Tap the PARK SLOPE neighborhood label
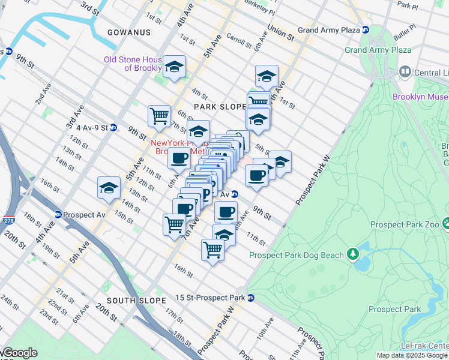(x=217, y=106)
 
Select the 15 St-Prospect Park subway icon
(x=251, y=298)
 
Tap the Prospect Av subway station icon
(x=58, y=215)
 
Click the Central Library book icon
(x=405, y=73)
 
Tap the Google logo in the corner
(x=19, y=353)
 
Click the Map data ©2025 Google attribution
(x=412, y=355)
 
